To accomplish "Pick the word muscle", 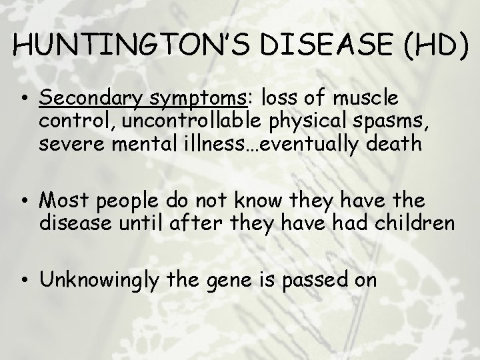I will [x=366, y=99].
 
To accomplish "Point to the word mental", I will [x=138, y=145].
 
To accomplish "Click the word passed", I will [x=323, y=279].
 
